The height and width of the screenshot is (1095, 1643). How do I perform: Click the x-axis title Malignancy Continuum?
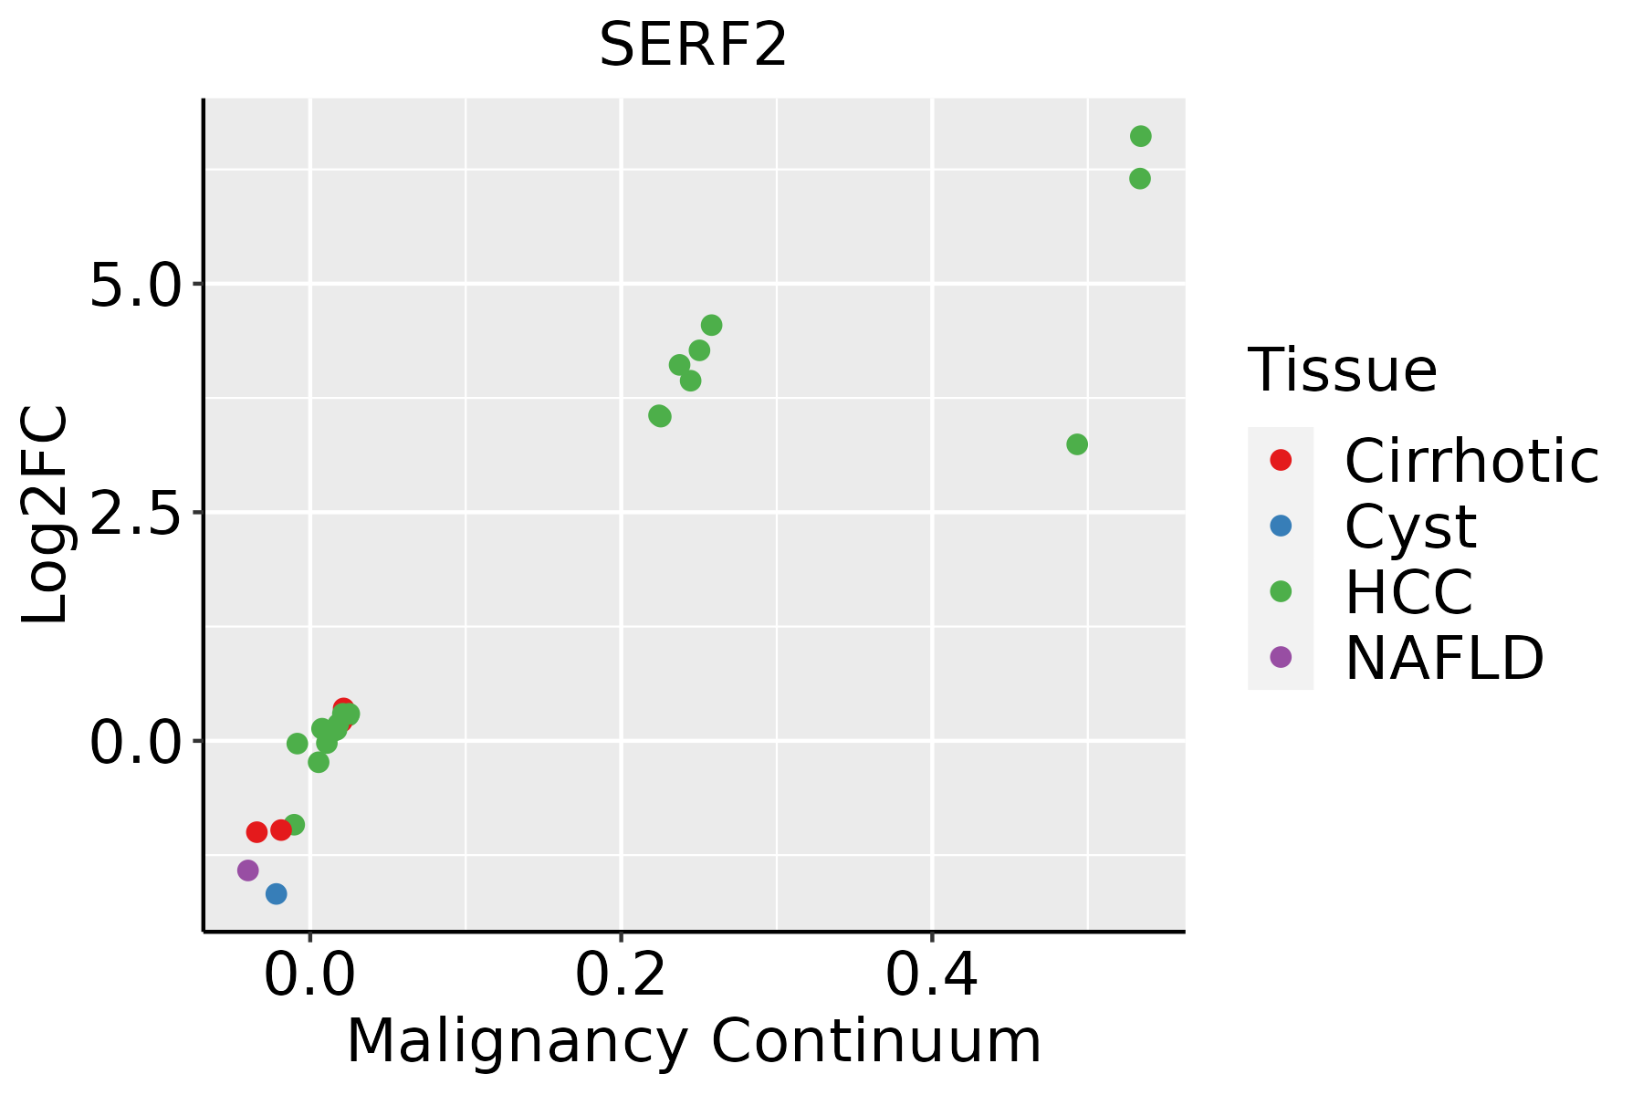point(694,1041)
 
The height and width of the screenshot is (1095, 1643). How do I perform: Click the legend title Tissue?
point(1342,370)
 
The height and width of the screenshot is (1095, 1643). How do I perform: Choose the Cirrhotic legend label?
point(1470,461)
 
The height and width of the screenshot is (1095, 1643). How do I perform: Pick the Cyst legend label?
point(1410,527)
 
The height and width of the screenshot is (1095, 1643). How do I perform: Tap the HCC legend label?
point(1408,591)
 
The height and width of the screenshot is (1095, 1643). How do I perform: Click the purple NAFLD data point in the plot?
point(248,871)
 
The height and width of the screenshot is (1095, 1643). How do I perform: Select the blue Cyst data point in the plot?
point(277,893)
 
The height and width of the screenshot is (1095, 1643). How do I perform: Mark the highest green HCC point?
point(1141,137)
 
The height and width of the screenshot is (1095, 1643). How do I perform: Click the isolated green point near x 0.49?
point(1077,444)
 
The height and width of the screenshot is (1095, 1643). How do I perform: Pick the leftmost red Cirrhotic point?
point(257,832)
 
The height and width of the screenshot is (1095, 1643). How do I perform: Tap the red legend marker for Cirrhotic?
point(1281,460)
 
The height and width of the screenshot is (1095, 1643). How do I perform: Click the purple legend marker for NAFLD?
point(1281,657)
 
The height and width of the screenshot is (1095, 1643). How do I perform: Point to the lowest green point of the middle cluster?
point(660,416)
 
